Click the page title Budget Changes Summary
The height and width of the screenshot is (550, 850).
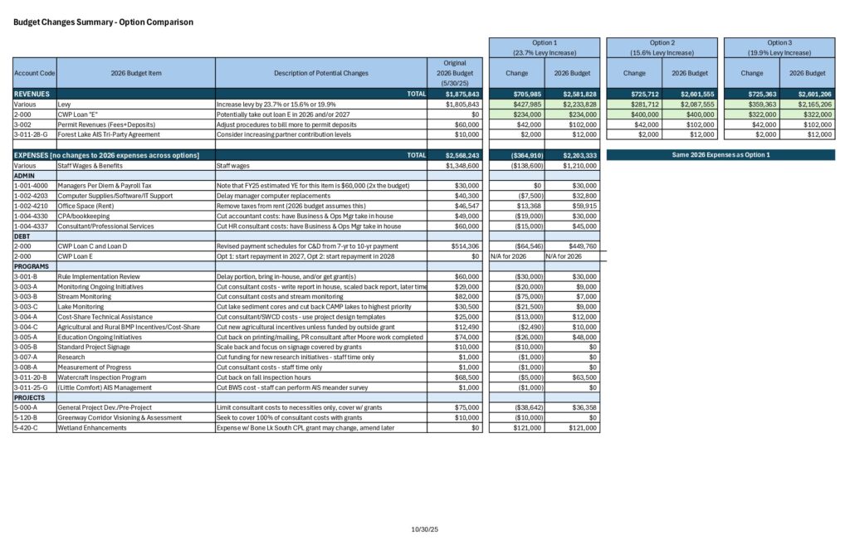[x=104, y=22]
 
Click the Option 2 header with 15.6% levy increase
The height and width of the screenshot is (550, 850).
[x=662, y=47]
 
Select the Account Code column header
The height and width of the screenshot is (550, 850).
[x=35, y=73]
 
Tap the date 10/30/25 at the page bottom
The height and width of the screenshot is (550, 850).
[x=424, y=529]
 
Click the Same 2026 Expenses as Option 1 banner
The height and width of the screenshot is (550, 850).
[x=720, y=154]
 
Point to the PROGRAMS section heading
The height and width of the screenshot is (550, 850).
[x=32, y=265]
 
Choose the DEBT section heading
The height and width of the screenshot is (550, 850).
[x=23, y=236]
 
